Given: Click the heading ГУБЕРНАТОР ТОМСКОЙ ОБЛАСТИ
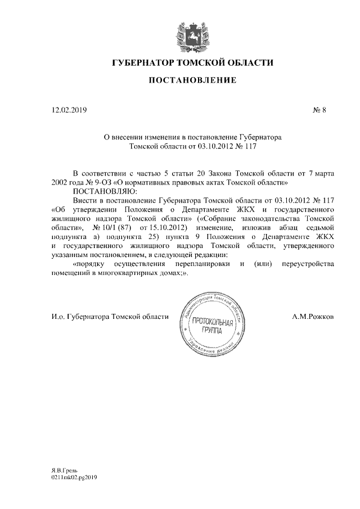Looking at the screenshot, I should [x=193, y=63].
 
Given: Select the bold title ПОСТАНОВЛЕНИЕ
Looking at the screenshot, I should [x=192, y=81].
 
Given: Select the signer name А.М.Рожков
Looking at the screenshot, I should [x=313, y=317].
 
